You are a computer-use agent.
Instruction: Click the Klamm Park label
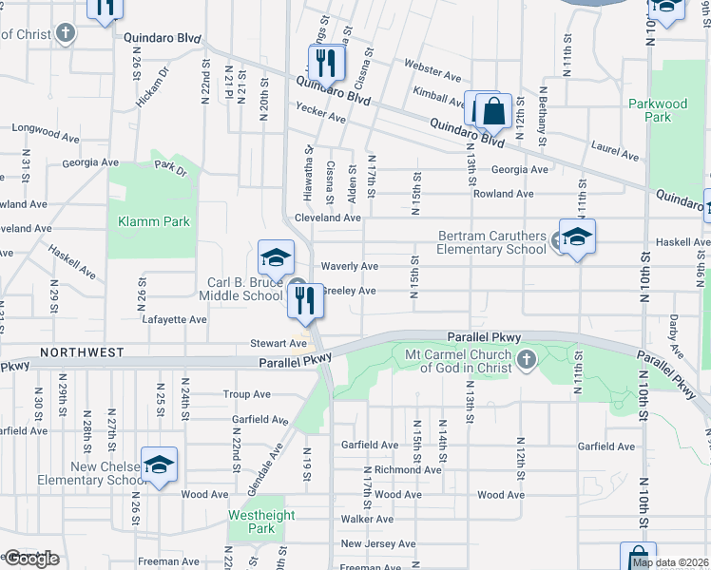coord(154,221)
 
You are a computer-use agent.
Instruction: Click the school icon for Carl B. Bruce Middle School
coord(276,258)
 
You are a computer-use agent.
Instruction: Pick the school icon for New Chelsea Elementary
coord(159,465)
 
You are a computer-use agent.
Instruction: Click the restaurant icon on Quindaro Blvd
coord(325,63)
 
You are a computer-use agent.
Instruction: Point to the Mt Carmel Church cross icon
coord(528,358)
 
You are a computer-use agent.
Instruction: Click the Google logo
coord(30,559)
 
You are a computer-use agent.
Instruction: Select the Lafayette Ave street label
coord(174,320)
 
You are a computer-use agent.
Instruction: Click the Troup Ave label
coord(246,394)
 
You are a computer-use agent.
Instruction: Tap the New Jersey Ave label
coord(377,543)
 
